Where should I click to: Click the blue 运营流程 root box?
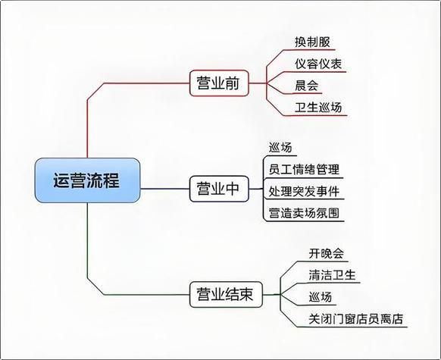click(87, 180)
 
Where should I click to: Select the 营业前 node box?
click(219, 83)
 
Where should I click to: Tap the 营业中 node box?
click(219, 189)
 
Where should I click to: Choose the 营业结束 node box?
click(226, 295)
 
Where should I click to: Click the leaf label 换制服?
click(312, 42)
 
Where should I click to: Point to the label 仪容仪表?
click(318, 64)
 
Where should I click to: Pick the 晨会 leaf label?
click(306, 86)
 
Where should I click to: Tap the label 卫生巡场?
click(318, 108)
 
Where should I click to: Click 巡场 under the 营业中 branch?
click(280, 148)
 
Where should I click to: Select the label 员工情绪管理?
click(304, 170)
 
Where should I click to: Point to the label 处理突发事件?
click(304, 191)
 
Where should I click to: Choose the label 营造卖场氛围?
click(304, 213)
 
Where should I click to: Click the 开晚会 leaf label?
click(327, 253)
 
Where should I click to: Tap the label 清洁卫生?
click(332, 275)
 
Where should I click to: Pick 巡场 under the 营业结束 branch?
click(321, 297)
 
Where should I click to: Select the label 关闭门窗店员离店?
click(356, 319)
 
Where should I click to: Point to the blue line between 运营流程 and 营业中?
click(165, 189)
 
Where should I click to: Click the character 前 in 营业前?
click(232, 83)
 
